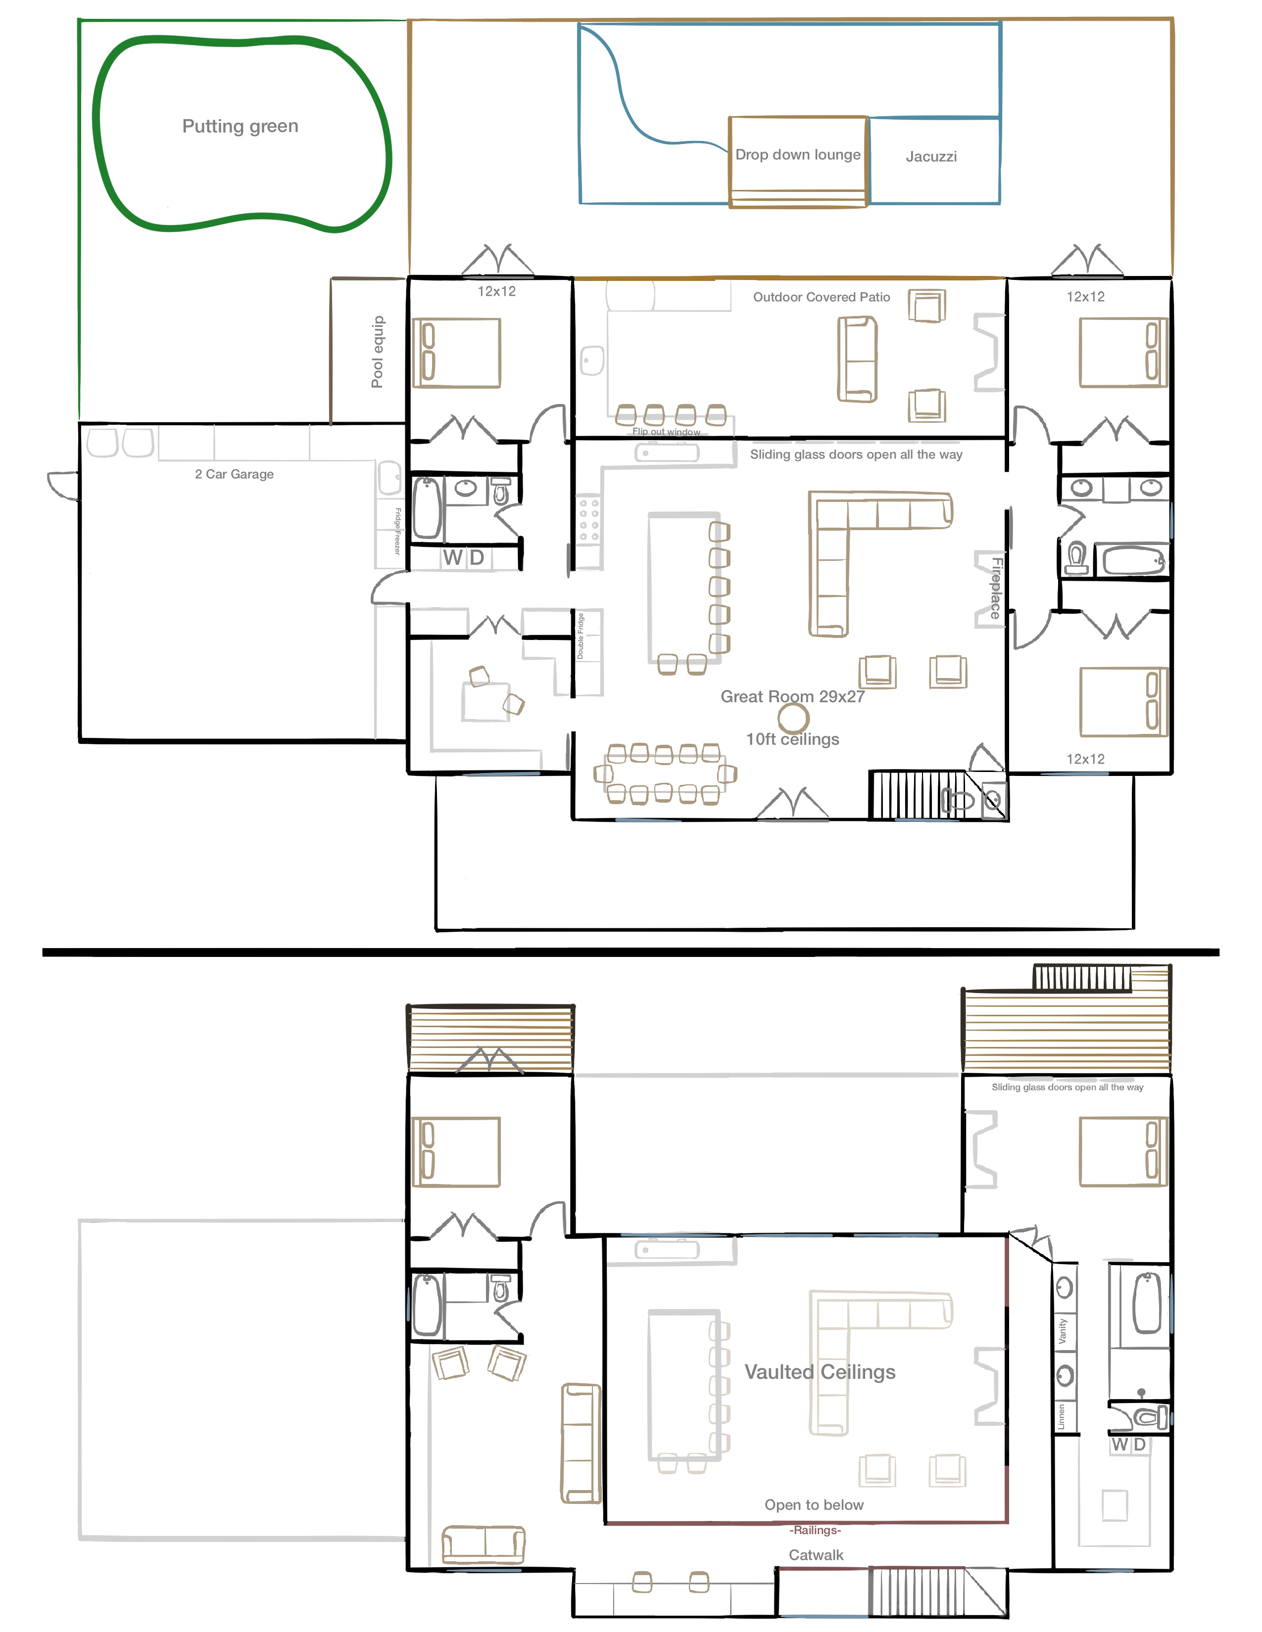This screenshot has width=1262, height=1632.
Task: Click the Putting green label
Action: [240, 126]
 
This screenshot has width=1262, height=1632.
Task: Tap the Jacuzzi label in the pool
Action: [931, 157]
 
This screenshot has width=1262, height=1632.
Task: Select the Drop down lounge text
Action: [798, 155]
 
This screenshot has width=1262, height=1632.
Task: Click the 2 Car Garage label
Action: [234, 474]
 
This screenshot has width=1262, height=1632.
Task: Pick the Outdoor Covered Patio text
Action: [821, 297]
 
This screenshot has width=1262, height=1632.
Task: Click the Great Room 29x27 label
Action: [792, 696]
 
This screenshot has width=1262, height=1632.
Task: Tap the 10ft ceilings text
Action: [792, 739]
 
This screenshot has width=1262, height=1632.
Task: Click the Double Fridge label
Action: [580, 636]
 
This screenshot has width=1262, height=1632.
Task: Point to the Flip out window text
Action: [666, 432]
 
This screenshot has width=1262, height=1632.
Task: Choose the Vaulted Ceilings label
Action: [820, 1372]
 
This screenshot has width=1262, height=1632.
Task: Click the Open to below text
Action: [814, 1505]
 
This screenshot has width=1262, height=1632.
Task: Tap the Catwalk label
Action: [816, 1555]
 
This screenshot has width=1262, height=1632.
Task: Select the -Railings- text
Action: [815, 1531]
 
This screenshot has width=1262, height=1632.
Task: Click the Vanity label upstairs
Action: [1063, 1332]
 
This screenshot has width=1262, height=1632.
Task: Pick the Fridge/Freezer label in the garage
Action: [398, 531]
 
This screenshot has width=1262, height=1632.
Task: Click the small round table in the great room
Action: [793, 718]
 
